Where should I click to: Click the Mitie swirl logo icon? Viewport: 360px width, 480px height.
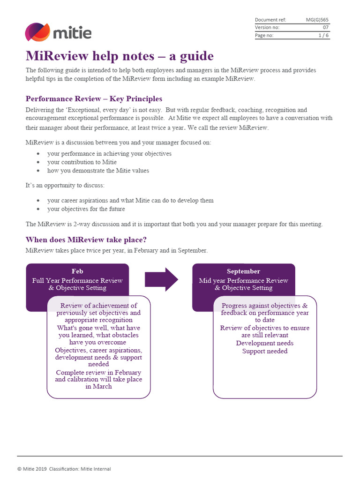coord(37,32)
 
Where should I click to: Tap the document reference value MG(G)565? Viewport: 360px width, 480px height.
coord(317,20)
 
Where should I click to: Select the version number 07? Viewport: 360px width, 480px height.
coord(326,28)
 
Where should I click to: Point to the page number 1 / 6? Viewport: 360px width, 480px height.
coord(323,36)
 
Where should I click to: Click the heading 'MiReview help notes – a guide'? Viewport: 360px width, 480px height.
coord(120,56)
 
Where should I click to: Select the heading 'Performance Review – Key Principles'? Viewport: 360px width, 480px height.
coord(94,99)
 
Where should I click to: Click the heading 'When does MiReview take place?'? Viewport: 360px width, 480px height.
coord(86,240)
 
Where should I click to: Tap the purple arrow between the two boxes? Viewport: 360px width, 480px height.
coord(161,279)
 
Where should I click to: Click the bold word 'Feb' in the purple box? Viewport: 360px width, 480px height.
coord(77,271)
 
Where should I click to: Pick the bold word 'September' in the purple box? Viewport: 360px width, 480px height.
coord(243,271)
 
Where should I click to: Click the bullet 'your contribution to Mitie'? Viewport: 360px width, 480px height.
coord(82,162)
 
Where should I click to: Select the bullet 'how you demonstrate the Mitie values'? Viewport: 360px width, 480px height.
coord(98,171)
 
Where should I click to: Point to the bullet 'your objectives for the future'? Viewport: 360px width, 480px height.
coord(86,209)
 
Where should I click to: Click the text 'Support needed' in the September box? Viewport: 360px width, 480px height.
coord(265,352)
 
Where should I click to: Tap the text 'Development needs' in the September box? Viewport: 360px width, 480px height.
coord(265,344)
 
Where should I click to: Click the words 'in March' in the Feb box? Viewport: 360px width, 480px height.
coord(98,387)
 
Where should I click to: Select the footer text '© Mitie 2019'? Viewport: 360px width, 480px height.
coord(32,469)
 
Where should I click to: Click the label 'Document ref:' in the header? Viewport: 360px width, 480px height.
coord(270,20)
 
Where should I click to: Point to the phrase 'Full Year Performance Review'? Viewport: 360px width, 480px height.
coord(77,281)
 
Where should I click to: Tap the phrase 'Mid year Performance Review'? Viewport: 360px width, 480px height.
coord(244,281)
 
